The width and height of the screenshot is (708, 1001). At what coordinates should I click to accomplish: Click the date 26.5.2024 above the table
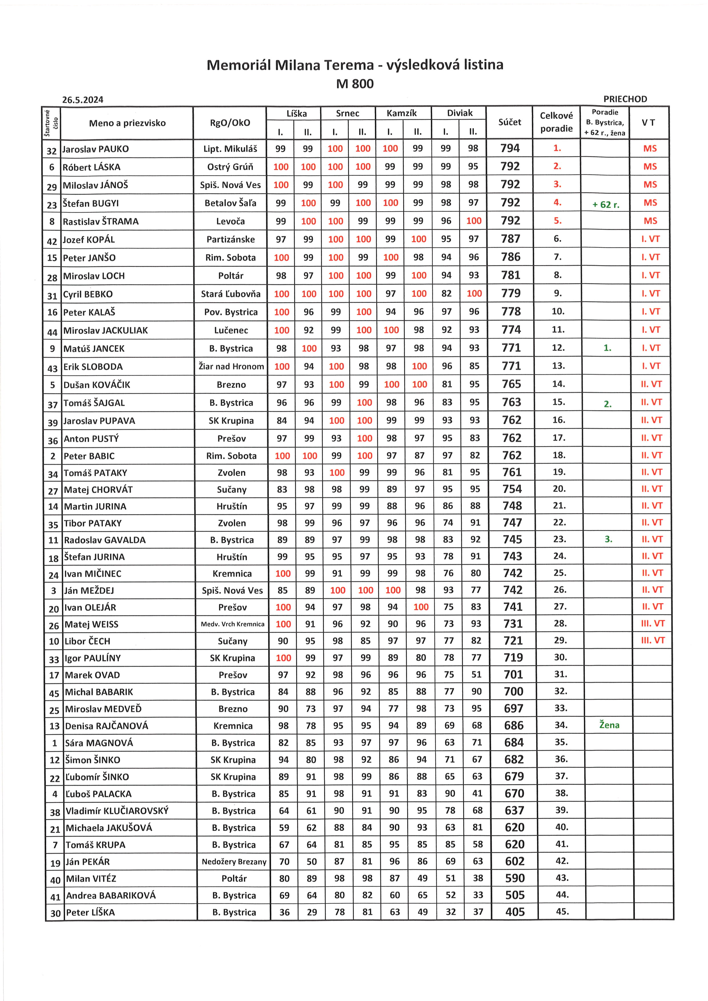[83, 100]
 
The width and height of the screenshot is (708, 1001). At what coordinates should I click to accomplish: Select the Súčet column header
[509, 122]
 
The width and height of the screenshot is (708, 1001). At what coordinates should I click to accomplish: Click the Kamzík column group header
[401, 113]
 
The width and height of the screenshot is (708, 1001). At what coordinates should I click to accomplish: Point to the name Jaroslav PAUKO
[95, 149]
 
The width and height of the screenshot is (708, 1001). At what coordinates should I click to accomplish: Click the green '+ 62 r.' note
[606, 204]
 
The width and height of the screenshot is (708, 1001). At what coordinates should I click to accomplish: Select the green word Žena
[609, 725]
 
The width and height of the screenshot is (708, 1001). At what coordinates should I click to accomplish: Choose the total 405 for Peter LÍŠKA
[515, 912]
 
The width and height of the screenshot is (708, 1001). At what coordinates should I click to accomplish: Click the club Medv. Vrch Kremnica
[232, 624]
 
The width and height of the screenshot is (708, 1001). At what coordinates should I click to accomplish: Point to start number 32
[51, 151]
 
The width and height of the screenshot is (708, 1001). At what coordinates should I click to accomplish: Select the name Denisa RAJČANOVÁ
[106, 726]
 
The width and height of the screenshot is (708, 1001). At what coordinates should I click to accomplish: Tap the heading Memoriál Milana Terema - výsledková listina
[355, 65]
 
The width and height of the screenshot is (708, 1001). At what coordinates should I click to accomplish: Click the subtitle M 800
[355, 84]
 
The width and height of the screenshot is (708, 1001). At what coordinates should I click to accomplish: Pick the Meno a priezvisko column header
[127, 123]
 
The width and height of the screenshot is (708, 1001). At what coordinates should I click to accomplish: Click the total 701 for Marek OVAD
[513, 675]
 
